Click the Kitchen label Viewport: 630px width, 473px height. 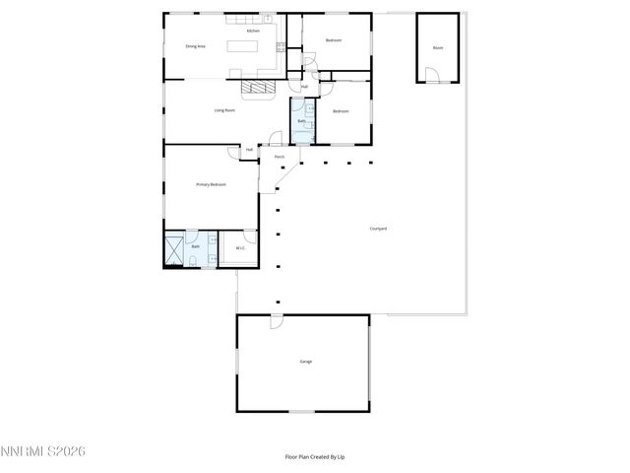pyautogui.click(x=253, y=32)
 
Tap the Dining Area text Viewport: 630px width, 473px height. pyautogui.click(x=195, y=46)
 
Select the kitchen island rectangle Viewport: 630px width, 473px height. pyautogui.click(x=243, y=45)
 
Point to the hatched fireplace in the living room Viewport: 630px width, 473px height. pyautogui.click(x=258, y=87)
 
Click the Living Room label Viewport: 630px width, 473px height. pyautogui.click(x=224, y=110)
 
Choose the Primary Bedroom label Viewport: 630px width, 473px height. pyautogui.click(x=212, y=184)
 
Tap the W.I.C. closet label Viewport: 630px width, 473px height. pyautogui.click(x=239, y=248)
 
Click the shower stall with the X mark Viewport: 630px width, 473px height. pyautogui.click(x=173, y=248)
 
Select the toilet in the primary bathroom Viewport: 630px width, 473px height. pyautogui.click(x=195, y=260)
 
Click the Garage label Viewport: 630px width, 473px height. pyautogui.click(x=306, y=363)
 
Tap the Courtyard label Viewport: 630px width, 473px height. pyautogui.click(x=378, y=229)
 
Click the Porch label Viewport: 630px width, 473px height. pyautogui.click(x=280, y=157)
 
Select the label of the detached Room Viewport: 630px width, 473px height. pyautogui.click(x=438, y=47)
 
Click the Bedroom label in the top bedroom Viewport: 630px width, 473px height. pyautogui.click(x=334, y=40)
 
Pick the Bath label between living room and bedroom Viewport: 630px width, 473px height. pyautogui.click(x=301, y=120)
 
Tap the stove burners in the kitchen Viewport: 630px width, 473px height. pyautogui.click(x=281, y=46)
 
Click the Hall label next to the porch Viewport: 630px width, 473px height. pyautogui.click(x=250, y=150)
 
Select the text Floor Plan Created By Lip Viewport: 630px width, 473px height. pyautogui.click(x=314, y=457)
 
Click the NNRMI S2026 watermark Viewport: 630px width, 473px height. pyautogui.click(x=43, y=450)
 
